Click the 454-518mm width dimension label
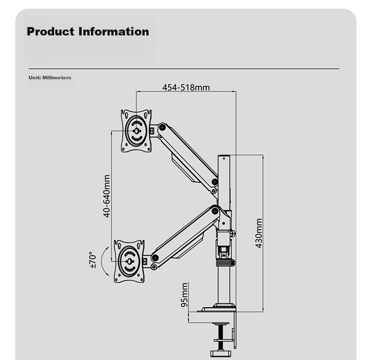click(186, 87)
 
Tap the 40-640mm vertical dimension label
click(107, 196)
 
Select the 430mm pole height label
click(259, 233)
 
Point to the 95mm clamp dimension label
click(184, 295)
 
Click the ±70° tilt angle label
click(92, 260)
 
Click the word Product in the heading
click(50, 32)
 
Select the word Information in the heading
click(114, 32)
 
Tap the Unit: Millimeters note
click(50, 77)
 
